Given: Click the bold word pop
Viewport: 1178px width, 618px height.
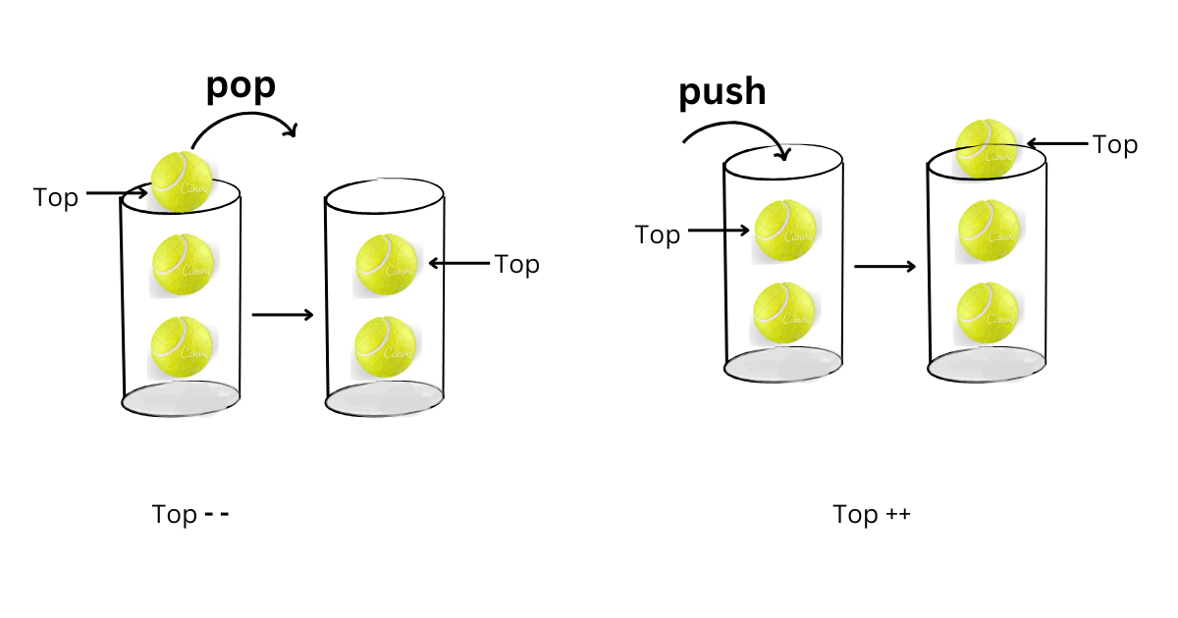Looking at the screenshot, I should (241, 87).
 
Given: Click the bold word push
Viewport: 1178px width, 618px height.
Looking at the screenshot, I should (723, 92).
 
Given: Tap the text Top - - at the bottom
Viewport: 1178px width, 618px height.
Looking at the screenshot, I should (190, 514).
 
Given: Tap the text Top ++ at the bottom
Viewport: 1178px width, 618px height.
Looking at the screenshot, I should (872, 514).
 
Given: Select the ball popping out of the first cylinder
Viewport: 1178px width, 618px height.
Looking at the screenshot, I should (182, 180).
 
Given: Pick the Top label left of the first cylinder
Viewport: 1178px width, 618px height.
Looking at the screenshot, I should (56, 197).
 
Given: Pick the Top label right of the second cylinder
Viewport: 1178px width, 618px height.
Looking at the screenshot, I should (516, 264).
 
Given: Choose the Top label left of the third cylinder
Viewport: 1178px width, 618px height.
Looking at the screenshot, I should (658, 234).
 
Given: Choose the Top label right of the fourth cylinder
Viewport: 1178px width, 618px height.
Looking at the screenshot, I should (1115, 145).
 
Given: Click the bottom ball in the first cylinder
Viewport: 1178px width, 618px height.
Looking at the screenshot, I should (183, 347).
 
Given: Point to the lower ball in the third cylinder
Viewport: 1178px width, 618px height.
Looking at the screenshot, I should (784, 313).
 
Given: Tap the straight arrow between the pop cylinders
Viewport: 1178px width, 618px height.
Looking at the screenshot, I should (283, 315).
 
